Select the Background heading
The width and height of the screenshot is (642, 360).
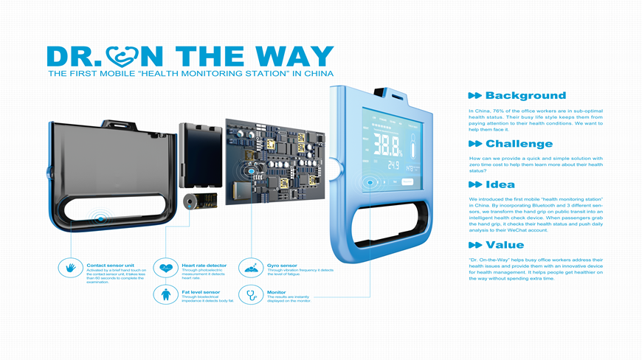pos(525,96)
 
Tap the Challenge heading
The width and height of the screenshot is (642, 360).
pos(519,144)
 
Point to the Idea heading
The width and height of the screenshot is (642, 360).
pos(500,184)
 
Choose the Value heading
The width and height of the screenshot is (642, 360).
pos(505,245)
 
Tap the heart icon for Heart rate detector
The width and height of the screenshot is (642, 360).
pos(165,267)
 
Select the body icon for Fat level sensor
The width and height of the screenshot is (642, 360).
pos(165,295)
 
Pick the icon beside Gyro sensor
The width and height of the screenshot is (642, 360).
pos(252,267)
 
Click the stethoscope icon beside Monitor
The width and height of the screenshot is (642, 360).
pos(252,295)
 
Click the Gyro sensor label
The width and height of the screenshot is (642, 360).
pos(282,264)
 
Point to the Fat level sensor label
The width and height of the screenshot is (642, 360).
pos(201,292)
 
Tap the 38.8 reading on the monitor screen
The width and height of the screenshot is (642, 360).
pos(387,143)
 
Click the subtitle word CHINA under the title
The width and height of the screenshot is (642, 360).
pos(317,74)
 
